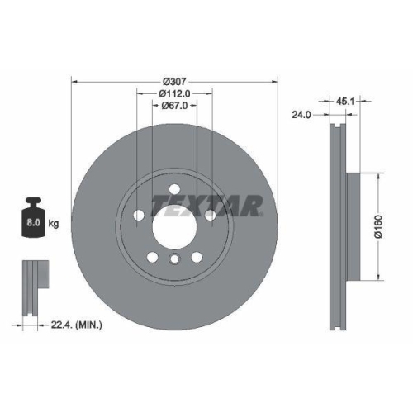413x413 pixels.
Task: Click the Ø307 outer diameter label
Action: point(175,80)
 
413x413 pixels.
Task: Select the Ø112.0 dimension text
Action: point(175,93)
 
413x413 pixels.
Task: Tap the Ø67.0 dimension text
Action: point(175,105)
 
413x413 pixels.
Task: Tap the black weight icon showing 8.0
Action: point(34,218)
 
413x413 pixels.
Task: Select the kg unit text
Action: point(54,224)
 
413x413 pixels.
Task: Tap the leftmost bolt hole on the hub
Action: point(138,216)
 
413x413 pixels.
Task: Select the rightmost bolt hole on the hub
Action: point(211,216)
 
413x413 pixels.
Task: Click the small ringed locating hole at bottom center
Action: point(174,261)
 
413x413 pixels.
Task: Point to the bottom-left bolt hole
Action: point(153,258)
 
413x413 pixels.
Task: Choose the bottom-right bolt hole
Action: point(196,258)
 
